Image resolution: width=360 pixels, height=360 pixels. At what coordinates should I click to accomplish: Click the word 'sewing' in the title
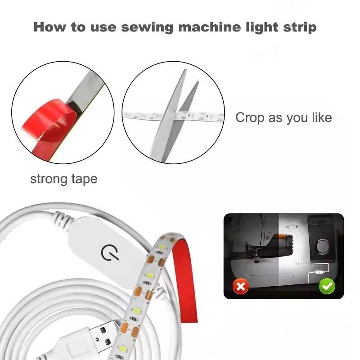[147, 27]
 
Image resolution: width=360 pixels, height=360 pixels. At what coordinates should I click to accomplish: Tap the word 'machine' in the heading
[209, 27]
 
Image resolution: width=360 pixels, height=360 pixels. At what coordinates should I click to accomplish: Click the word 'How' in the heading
[49, 27]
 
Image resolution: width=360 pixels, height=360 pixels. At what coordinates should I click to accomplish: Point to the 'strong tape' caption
[64, 179]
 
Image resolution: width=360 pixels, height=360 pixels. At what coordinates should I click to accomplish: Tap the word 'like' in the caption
[322, 117]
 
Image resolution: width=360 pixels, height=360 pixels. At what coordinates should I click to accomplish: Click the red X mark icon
[240, 286]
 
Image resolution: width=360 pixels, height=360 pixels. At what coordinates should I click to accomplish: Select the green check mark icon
[327, 286]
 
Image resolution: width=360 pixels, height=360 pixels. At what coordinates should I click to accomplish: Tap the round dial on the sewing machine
[323, 245]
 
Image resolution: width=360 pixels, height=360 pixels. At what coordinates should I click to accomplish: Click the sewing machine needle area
[255, 254]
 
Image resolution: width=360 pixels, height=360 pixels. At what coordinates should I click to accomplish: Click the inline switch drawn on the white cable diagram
[319, 272]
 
